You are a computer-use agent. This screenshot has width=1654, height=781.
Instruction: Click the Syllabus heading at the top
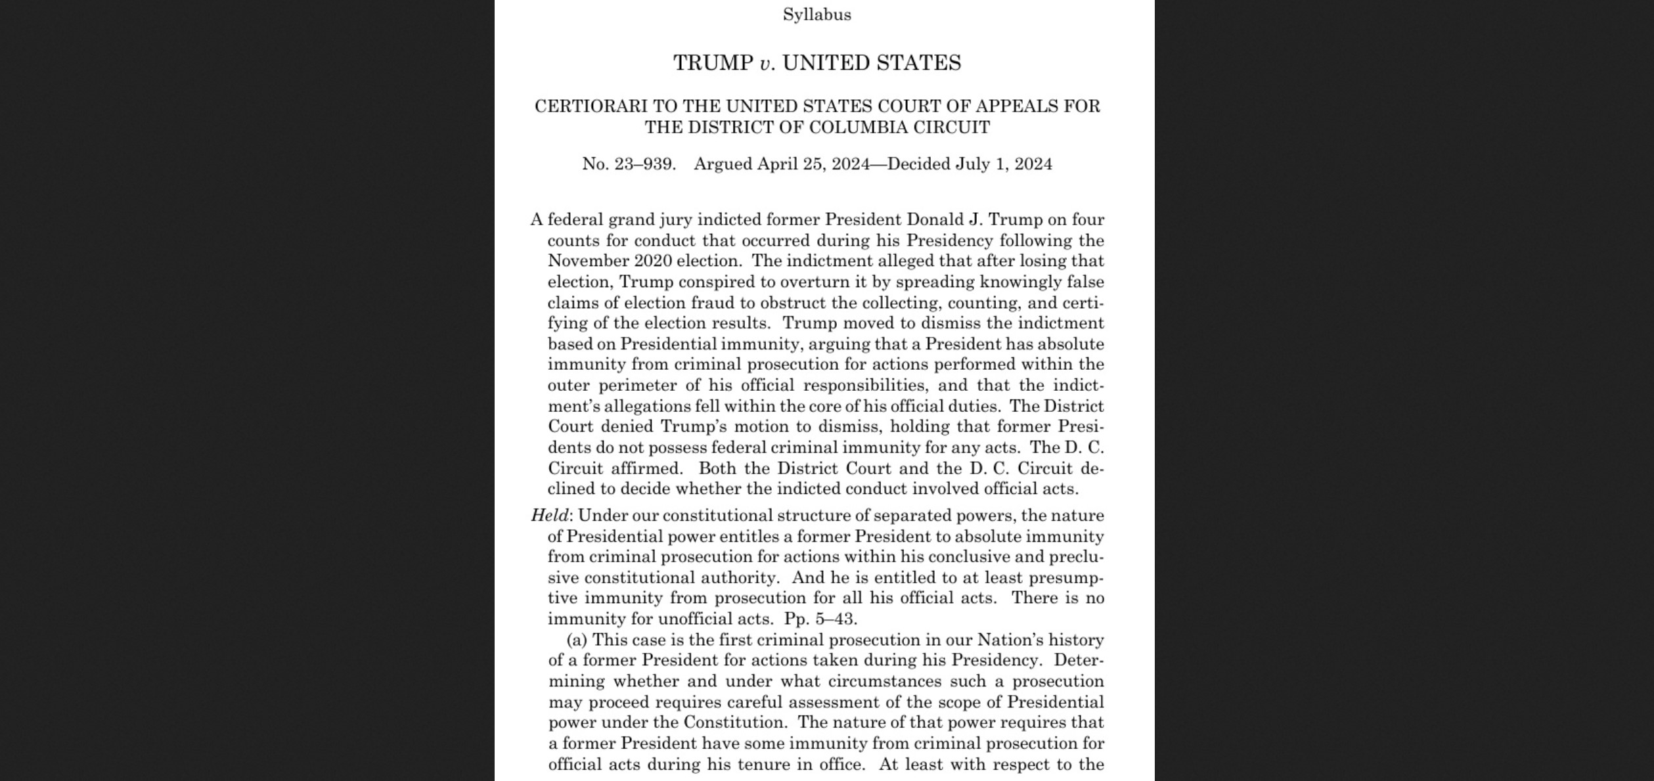pyautogui.click(x=816, y=14)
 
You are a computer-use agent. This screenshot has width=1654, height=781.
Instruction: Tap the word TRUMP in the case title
pyautogui.click(x=713, y=63)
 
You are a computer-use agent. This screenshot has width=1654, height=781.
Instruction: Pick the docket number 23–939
pyautogui.click(x=644, y=164)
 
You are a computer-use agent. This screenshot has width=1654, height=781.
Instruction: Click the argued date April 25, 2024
pyautogui.click(x=813, y=164)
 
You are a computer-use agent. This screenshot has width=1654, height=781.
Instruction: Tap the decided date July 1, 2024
pyautogui.click(x=1004, y=164)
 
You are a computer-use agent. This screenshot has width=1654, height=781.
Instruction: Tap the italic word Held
pyautogui.click(x=549, y=516)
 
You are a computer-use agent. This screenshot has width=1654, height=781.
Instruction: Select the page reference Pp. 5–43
pyautogui.click(x=820, y=619)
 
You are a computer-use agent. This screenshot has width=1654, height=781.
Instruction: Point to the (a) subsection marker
pyautogui.click(x=577, y=640)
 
